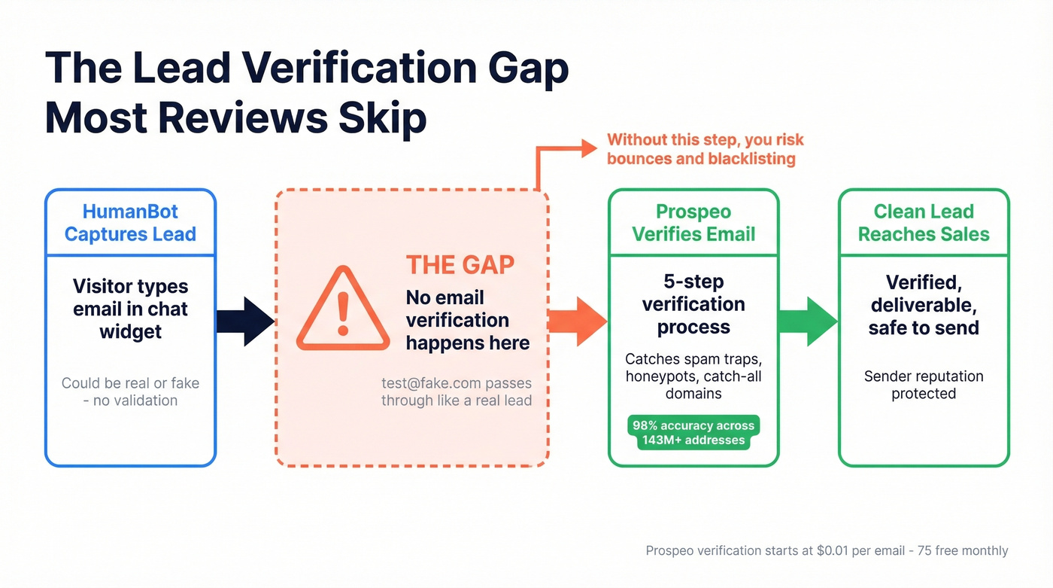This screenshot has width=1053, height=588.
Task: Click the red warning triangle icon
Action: tap(343, 310)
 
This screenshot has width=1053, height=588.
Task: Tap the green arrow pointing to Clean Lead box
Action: tap(808, 321)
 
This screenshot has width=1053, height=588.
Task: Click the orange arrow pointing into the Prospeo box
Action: tap(578, 321)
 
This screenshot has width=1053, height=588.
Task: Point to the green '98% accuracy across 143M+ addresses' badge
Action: tap(693, 433)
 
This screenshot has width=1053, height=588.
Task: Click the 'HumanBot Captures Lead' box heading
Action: tap(130, 223)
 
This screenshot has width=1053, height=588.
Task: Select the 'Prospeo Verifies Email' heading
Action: tap(693, 223)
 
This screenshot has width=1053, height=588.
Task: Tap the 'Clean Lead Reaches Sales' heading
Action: tap(924, 223)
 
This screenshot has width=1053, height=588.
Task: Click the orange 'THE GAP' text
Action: tap(460, 265)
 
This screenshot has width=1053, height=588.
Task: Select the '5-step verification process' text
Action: tap(693, 304)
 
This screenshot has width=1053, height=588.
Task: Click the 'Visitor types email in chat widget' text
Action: tap(130, 309)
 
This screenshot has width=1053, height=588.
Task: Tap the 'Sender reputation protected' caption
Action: tap(924, 385)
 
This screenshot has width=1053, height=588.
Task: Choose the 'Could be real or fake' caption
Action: tap(130, 383)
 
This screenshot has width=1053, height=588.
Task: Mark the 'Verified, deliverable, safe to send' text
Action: tap(924, 305)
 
